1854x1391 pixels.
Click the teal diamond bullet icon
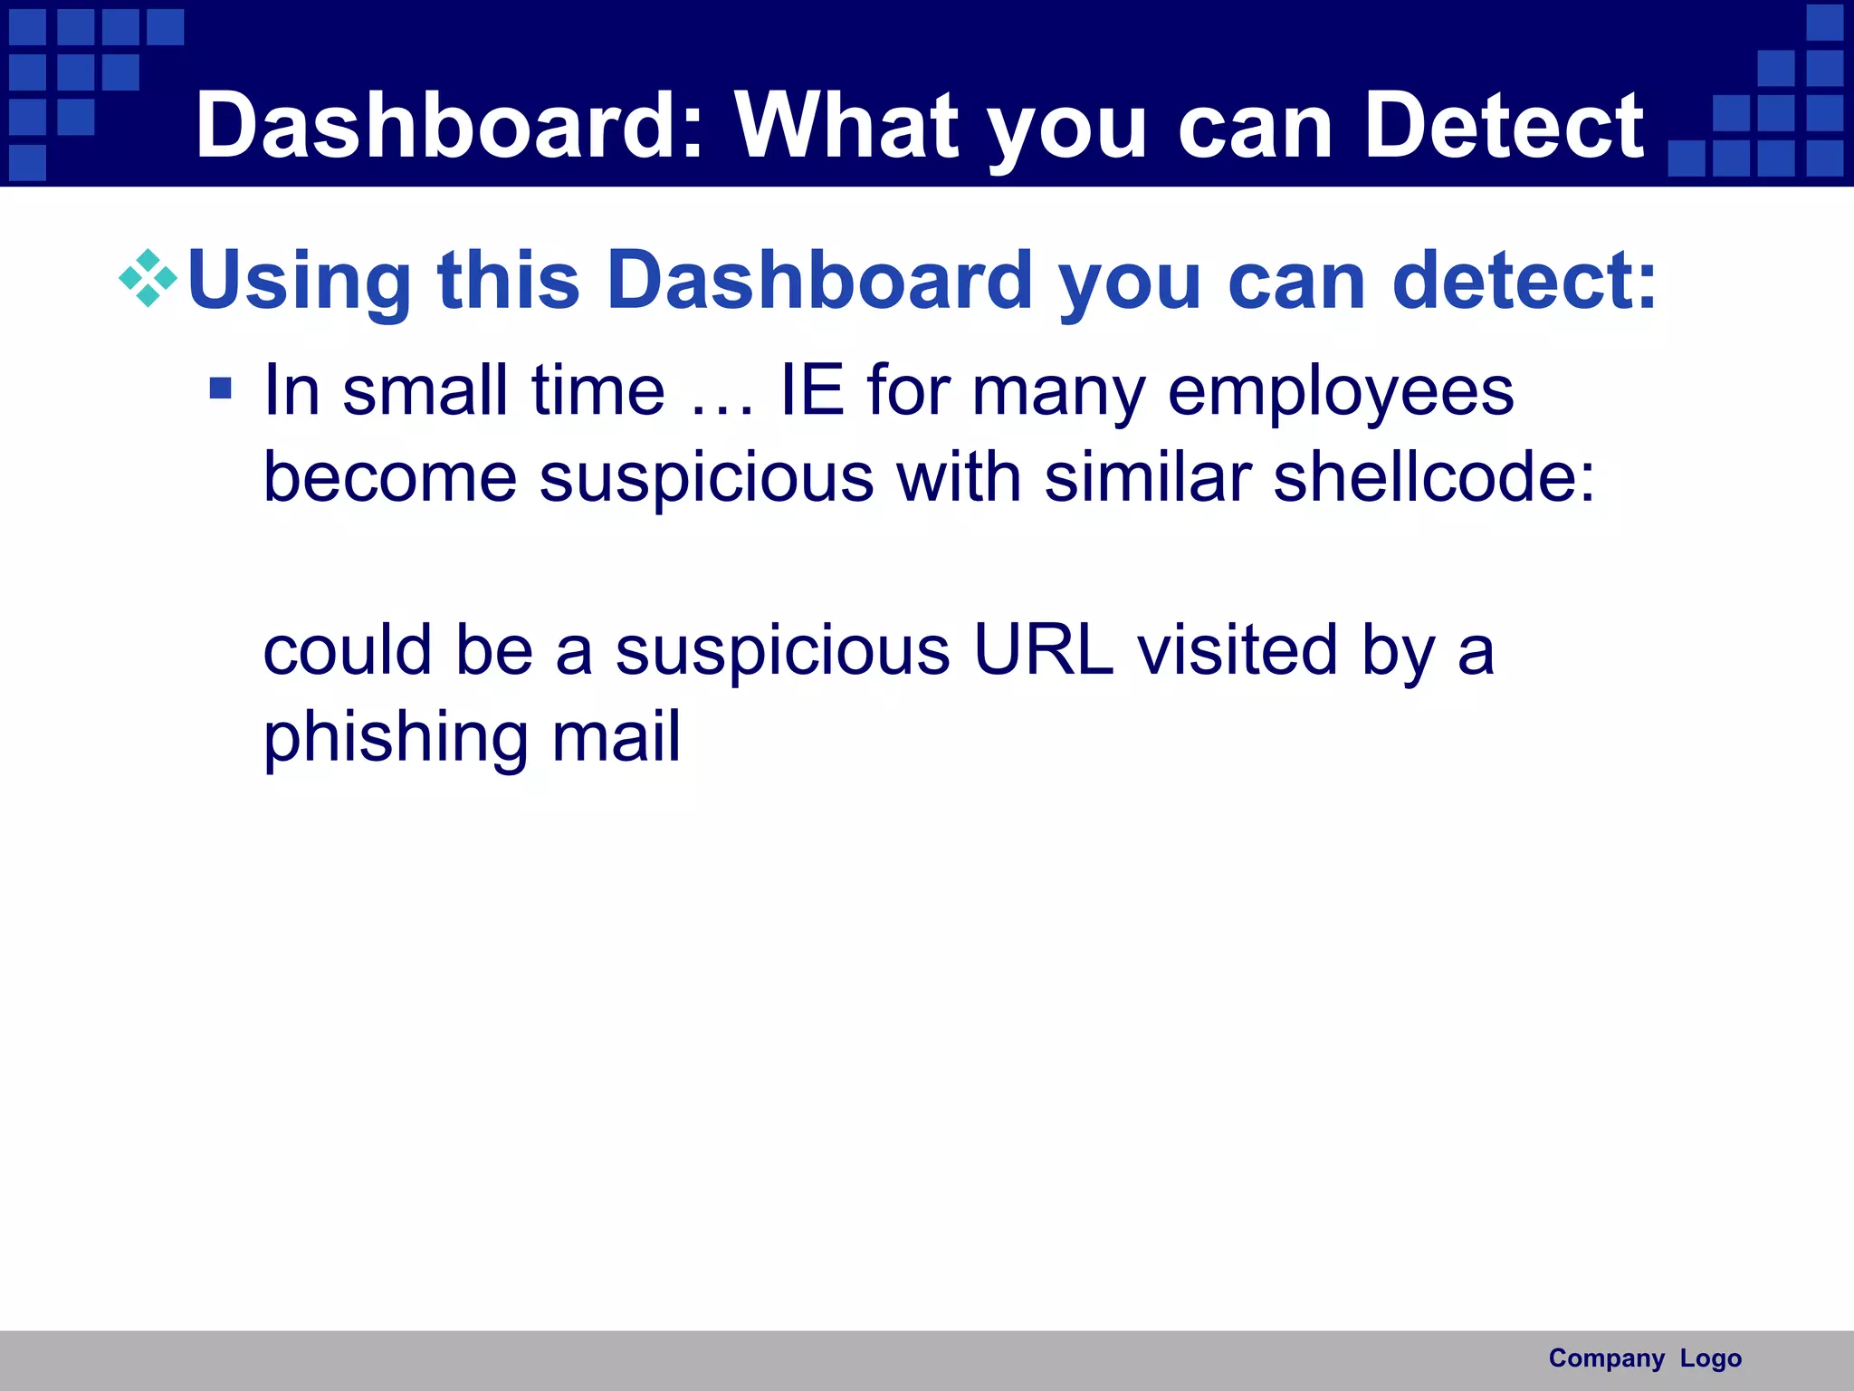point(148,278)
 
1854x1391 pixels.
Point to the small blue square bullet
point(220,389)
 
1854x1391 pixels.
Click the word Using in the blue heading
point(299,281)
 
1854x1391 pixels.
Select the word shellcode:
point(1434,477)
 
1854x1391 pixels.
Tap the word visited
point(1237,650)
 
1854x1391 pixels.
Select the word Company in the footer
point(1606,1358)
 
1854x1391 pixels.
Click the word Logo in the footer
point(1710,1358)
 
